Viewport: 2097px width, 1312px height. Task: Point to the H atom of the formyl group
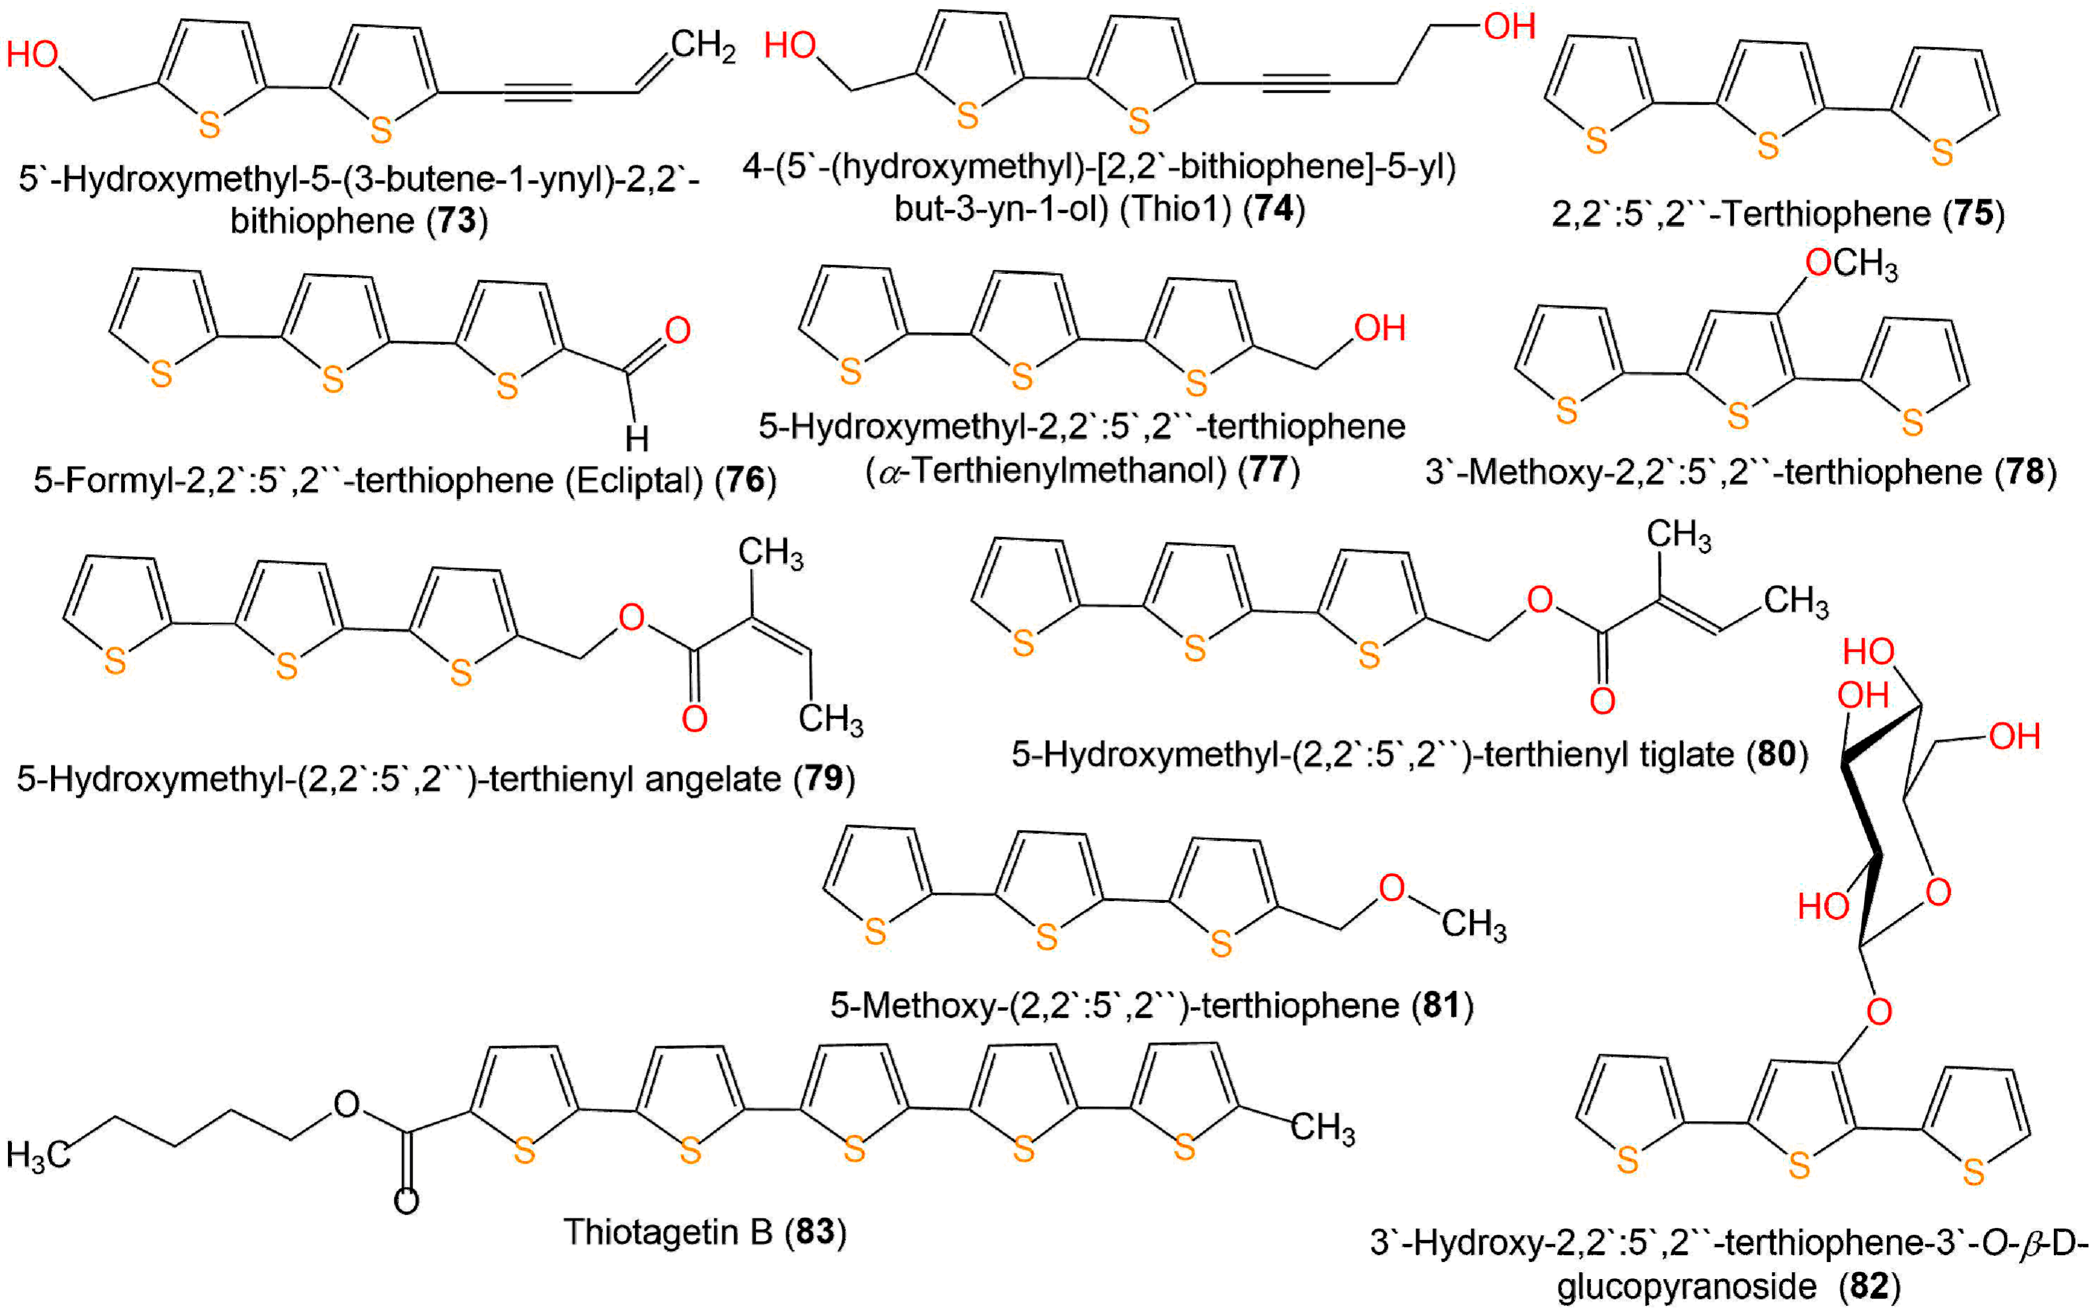click(x=637, y=438)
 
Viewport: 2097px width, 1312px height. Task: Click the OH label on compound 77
click(x=1379, y=328)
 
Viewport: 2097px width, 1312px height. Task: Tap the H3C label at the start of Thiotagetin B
click(x=38, y=1155)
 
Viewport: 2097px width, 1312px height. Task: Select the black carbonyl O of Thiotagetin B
click(x=406, y=1201)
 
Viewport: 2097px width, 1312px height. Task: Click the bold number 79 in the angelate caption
click(x=823, y=778)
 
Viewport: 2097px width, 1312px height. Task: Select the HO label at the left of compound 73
click(x=33, y=55)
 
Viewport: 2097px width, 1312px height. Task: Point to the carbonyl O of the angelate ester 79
click(x=694, y=718)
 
